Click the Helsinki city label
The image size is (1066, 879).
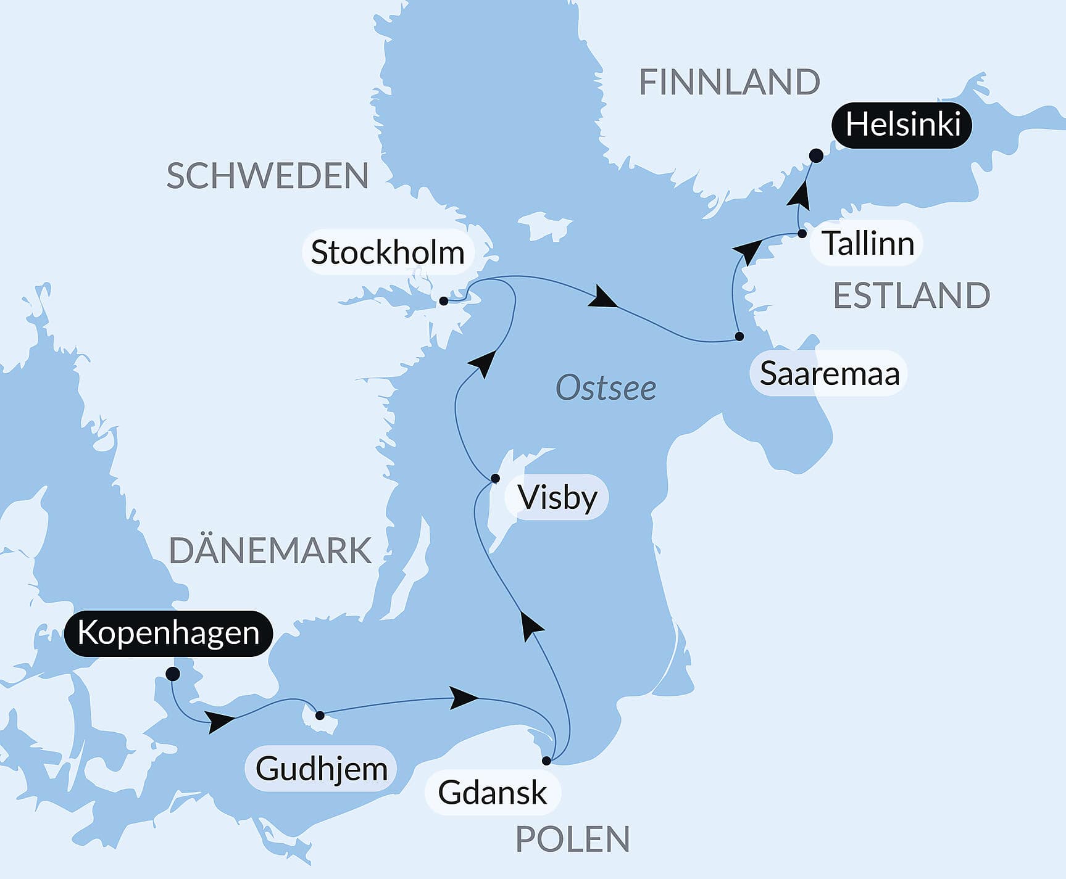902,125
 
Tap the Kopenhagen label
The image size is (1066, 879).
168,633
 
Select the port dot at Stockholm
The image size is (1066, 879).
443,301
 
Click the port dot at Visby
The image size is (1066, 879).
495,478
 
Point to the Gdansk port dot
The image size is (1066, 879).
546,761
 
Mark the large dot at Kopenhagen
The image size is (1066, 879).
173,674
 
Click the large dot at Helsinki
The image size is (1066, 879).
816,155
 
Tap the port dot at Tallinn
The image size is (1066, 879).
802,234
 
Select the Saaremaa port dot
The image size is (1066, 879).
739,336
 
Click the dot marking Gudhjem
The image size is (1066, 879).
320,716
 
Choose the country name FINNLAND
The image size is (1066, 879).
729,82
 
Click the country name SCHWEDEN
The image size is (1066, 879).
267,176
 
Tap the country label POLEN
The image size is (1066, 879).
572,839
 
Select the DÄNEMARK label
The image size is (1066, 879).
270,550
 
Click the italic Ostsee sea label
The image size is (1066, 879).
606,388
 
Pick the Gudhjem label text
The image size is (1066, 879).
321,769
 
